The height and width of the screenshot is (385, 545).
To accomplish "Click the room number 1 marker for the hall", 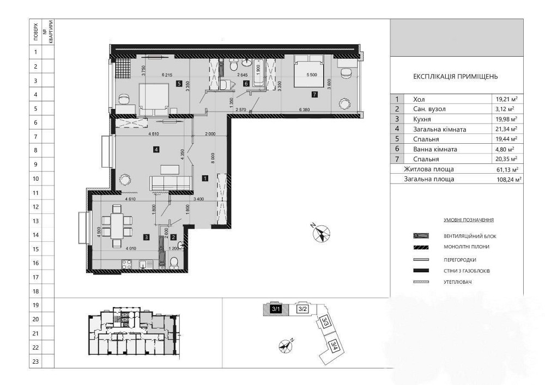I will (204, 178).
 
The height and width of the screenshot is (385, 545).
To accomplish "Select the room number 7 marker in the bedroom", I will (314, 94).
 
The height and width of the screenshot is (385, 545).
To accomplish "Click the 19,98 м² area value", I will (506, 119).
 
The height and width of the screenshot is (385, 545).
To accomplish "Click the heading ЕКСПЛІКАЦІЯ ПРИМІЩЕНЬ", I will (456, 77).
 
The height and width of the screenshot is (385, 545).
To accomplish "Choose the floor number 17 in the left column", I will (35, 277).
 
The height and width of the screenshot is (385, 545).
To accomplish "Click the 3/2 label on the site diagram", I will (303, 309).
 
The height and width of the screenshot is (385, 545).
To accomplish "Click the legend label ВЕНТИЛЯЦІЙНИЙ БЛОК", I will (470, 236).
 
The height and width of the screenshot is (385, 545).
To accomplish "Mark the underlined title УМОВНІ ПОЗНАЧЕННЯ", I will (468, 220).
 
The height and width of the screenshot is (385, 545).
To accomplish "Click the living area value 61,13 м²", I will (506, 169).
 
